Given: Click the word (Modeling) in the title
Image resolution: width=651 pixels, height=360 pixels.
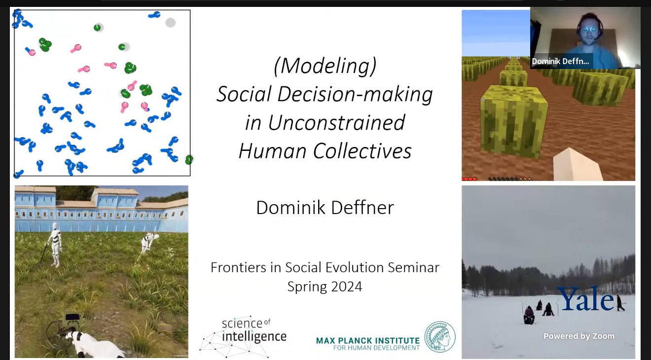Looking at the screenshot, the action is pos(325,66).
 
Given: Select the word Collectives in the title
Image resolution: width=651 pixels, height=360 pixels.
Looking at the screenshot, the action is pos(362,151).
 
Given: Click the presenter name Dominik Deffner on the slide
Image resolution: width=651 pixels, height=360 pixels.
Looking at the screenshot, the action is pos(325,208).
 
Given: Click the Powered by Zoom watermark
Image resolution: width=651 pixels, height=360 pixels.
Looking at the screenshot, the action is pos(579,336).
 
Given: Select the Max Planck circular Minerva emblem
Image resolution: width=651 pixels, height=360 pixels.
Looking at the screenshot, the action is pos(440,337).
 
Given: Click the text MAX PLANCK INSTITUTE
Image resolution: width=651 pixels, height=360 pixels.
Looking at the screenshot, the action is pos(367,341).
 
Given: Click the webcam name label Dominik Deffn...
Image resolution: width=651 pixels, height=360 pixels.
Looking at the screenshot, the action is pos(560,61).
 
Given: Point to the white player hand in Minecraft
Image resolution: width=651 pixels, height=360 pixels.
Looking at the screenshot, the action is pos(577,164).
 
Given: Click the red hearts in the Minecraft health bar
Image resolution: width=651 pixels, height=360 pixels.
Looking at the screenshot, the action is pos(470,179).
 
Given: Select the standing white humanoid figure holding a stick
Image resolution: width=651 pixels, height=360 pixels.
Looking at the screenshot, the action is pos(55,245).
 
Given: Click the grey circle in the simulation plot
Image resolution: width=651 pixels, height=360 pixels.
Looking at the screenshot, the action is pos(170,22).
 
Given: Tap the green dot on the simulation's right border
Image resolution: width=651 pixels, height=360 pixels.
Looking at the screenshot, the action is pos(189,159).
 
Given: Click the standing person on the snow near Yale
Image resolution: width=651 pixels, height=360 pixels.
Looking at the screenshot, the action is pos(619,303).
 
